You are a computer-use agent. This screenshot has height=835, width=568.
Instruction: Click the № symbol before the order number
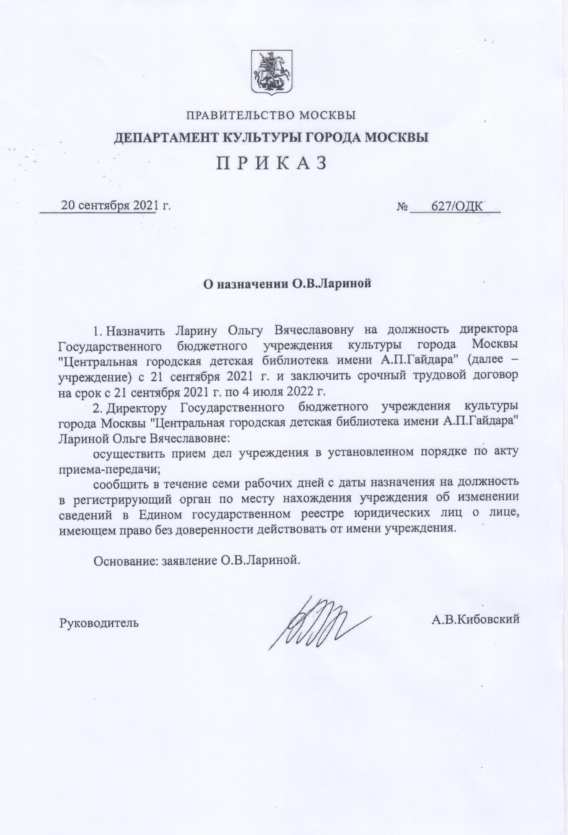click(x=402, y=207)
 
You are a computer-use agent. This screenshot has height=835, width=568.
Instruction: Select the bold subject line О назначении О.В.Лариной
click(x=287, y=284)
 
